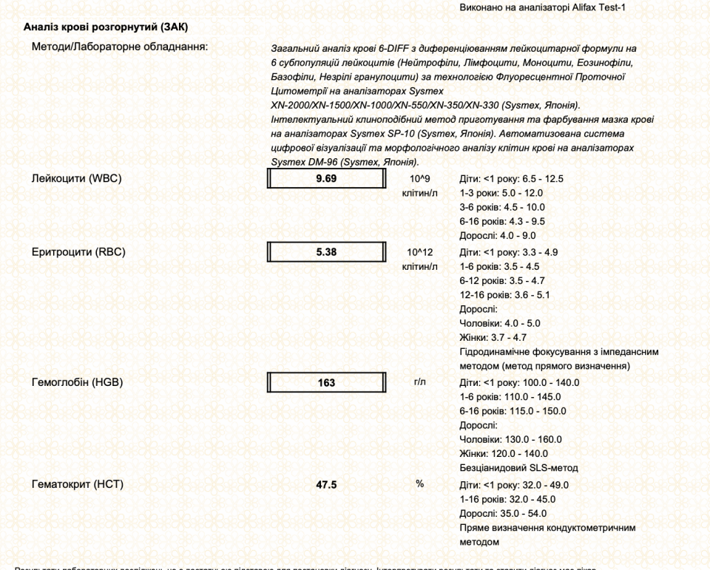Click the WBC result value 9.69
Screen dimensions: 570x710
326,179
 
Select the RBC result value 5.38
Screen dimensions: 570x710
326,252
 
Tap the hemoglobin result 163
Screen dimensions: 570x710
326,383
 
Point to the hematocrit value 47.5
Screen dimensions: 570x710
326,485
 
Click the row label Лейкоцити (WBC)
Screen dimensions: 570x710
76,179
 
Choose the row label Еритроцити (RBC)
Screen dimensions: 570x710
78,252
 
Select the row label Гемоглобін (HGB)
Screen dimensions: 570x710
77,382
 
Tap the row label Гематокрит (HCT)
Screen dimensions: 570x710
77,485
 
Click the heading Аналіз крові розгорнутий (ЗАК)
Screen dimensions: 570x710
106,27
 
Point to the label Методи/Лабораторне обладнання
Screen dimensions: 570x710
119,47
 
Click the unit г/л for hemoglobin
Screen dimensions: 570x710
420,382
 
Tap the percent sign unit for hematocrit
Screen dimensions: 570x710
419,484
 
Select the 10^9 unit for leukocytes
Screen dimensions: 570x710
419,179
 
